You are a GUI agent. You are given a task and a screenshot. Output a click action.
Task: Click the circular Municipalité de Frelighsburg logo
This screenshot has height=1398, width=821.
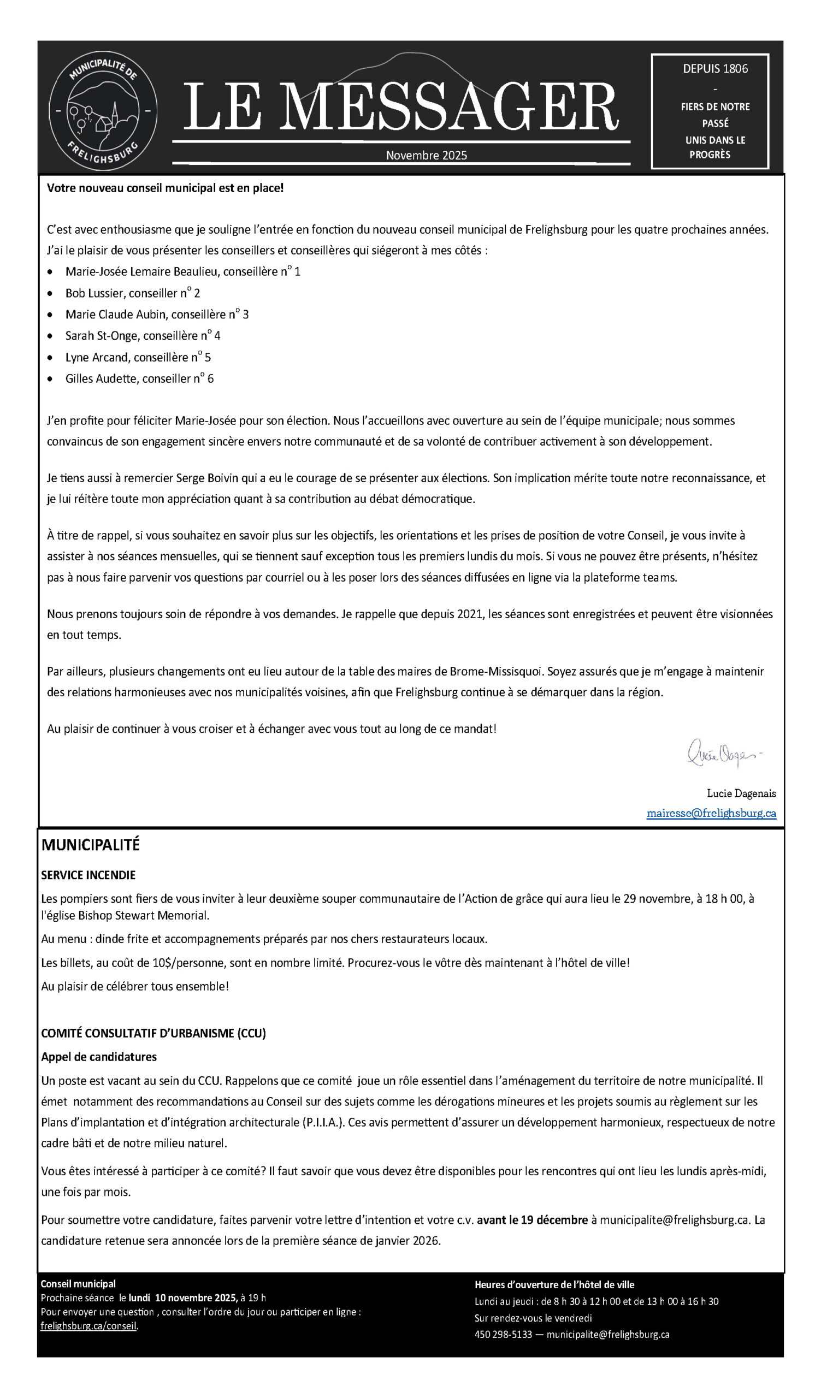click(x=103, y=111)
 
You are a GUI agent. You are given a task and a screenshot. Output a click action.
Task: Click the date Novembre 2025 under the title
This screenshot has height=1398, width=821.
click(x=426, y=155)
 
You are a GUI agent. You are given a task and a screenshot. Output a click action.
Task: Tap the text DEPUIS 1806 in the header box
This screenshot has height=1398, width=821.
click(x=715, y=69)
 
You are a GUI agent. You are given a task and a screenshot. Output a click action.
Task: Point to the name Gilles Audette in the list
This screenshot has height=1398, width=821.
click(x=101, y=378)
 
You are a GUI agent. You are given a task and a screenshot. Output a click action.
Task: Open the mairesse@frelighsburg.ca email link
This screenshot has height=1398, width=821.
click(x=711, y=813)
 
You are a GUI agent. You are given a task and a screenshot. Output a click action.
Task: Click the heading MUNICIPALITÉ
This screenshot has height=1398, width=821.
click(x=91, y=845)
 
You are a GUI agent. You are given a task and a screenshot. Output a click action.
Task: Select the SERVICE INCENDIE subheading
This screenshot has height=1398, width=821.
click(x=88, y=875)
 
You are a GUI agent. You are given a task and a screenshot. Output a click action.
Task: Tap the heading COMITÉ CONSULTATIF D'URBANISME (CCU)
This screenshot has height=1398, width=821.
click(x=153, y=1034)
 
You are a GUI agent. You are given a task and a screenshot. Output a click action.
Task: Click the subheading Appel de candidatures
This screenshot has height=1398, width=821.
click(x=99, y=1057)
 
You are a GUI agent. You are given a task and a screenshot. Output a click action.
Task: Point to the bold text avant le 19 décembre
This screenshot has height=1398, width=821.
click(x=532, y=1220)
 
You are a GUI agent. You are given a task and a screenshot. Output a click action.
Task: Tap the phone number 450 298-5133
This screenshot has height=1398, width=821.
click(x=503, y=1335)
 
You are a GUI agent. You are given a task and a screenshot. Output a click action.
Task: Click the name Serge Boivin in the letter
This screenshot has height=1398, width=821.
click(x=207, y=478)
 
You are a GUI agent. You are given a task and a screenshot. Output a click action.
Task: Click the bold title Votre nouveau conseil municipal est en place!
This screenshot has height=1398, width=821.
click(x=166, y=188)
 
